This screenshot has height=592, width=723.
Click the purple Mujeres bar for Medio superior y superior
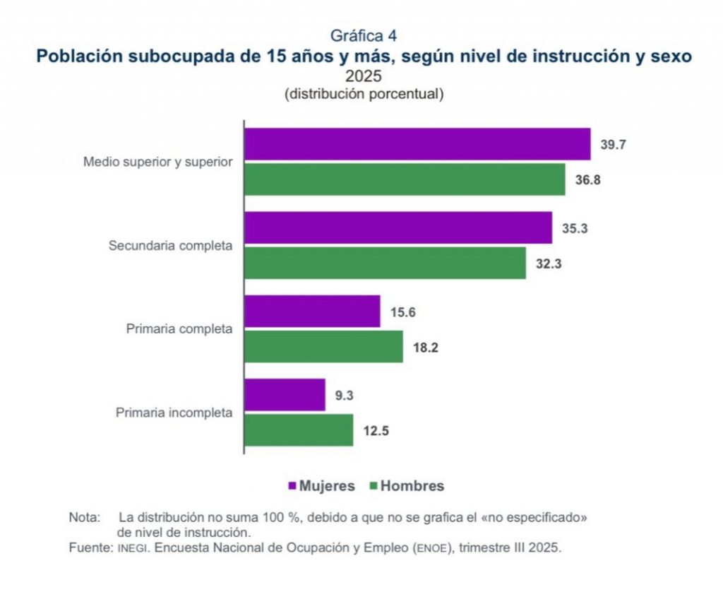coord(417,144)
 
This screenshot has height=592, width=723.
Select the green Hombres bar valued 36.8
coord(405,179)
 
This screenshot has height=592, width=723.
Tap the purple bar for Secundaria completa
coord(398,227)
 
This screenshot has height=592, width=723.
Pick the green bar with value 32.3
coord(385,263)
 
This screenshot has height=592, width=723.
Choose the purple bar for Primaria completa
coord(312,311)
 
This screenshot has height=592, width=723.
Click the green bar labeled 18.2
coord(323,346)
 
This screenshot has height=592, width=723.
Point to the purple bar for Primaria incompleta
coord(285,394)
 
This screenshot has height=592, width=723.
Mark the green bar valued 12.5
coord(299,430)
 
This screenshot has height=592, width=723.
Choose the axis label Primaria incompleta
coord(174,413)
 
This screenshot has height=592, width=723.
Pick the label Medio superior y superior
coord(157,162)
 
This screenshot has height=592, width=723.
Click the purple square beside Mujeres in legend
coord(292,486)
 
